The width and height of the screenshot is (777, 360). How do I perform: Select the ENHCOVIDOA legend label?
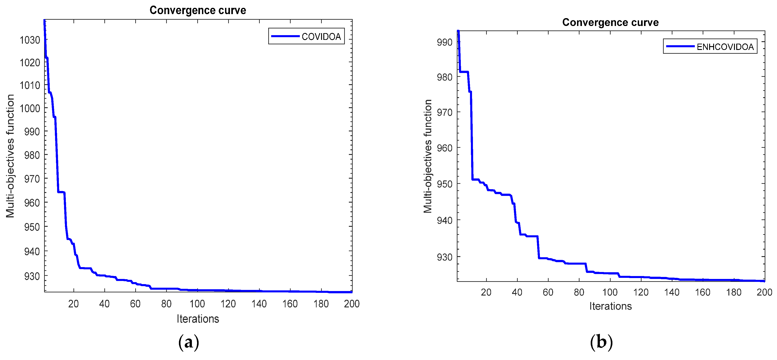pos(725,47)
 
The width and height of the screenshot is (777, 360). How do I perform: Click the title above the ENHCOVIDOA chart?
pos(610,22)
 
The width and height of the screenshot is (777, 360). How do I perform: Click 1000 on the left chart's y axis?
pos(30,108)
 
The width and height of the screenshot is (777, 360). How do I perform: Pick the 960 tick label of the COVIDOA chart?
pos(32,203)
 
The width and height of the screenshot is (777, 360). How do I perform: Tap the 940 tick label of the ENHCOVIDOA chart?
pos(445,220)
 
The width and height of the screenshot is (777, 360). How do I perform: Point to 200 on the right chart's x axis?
pos(764,292)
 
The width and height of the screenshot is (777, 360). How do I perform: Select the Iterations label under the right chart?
pos(610,306)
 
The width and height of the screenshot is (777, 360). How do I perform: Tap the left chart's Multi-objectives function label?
pos(10,156)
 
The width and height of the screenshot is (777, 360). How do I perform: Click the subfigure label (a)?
pos(189,343)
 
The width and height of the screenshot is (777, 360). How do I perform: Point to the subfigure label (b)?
pos(601,343)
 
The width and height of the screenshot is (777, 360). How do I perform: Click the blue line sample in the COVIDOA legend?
pos(285,36)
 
